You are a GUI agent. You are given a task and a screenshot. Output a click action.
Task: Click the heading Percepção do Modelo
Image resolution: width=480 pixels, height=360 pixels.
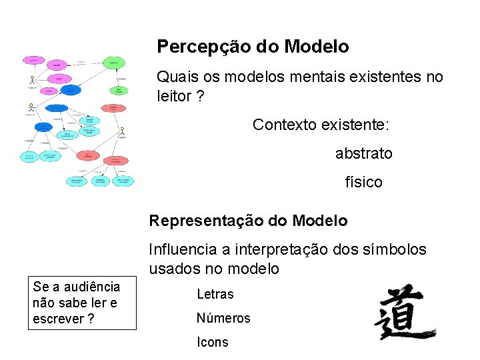253,47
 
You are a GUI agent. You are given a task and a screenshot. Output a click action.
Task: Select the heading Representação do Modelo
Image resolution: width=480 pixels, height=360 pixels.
248,221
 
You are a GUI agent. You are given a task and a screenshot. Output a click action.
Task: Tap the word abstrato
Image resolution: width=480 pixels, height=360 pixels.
363,154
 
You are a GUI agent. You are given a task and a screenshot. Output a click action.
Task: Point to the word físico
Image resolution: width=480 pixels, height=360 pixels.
363,182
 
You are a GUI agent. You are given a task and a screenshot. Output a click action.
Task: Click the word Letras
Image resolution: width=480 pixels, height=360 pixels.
215,294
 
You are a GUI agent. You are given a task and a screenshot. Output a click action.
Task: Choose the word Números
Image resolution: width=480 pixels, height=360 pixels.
223,318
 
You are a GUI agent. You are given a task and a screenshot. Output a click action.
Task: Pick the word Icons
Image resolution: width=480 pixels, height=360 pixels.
213,342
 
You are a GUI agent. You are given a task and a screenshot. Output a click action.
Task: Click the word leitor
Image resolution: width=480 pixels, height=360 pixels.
175,96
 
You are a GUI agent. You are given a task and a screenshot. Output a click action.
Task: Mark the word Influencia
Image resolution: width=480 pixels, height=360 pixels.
183,249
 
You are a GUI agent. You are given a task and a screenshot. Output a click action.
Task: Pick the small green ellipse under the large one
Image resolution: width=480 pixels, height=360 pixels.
119,91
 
